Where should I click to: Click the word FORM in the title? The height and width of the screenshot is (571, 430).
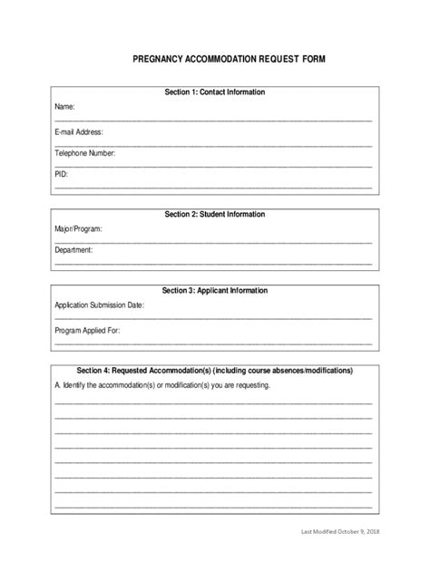tap(310, 58)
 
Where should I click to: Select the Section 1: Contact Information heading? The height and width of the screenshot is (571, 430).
tap(214, 92)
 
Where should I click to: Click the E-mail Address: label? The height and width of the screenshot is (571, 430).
tap(78, 131)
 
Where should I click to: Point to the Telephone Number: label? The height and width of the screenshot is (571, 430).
tap(84, 153)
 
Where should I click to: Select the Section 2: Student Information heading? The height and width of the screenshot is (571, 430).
tap(214, 215)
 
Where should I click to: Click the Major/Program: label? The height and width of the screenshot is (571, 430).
tap(78, 229)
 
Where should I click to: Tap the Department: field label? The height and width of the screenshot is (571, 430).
tap(73, 250)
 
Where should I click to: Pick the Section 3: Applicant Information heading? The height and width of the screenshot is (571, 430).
tap(214, 291)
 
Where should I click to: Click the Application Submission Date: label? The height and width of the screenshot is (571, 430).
tap(99, 306)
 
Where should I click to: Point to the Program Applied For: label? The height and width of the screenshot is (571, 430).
tap(86, 331)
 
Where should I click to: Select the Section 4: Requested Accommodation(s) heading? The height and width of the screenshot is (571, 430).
tap(214, 371)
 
